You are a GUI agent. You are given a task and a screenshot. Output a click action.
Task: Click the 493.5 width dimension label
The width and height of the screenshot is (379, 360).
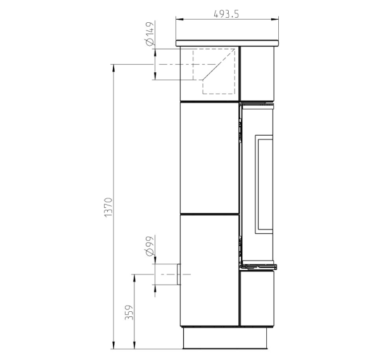click(226, 14)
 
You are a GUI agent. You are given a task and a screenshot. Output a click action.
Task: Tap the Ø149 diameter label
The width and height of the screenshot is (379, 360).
click(150, 34)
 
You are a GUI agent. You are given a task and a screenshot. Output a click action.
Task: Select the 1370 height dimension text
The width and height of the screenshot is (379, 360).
click(108, 207)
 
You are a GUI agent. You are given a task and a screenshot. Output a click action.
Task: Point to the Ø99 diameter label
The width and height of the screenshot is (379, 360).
click(150, 246)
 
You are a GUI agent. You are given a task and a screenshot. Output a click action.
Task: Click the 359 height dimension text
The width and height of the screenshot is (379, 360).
click(129, 312)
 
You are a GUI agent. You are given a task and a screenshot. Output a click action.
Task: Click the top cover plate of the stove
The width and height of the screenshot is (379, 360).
click(227, 43)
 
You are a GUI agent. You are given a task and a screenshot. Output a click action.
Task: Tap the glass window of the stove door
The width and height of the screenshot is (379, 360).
click(264, 184)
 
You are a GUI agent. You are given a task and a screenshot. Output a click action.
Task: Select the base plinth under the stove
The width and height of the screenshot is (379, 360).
click(225, 338)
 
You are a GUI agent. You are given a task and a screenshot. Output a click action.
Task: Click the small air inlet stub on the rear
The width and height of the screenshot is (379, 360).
click(179, 274)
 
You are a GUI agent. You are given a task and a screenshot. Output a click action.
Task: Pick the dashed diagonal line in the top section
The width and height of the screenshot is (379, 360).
click(219, 64)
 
